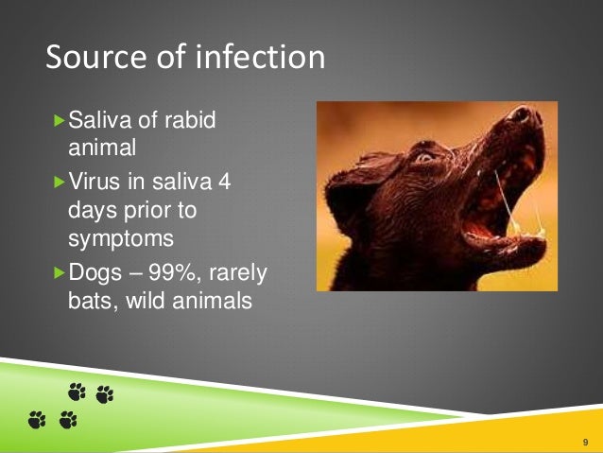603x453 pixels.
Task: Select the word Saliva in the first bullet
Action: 100,121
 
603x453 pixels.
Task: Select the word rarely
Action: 240,273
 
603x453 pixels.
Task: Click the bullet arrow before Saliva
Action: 60,121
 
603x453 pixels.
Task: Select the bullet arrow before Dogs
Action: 60,273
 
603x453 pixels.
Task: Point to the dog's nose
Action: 521,116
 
